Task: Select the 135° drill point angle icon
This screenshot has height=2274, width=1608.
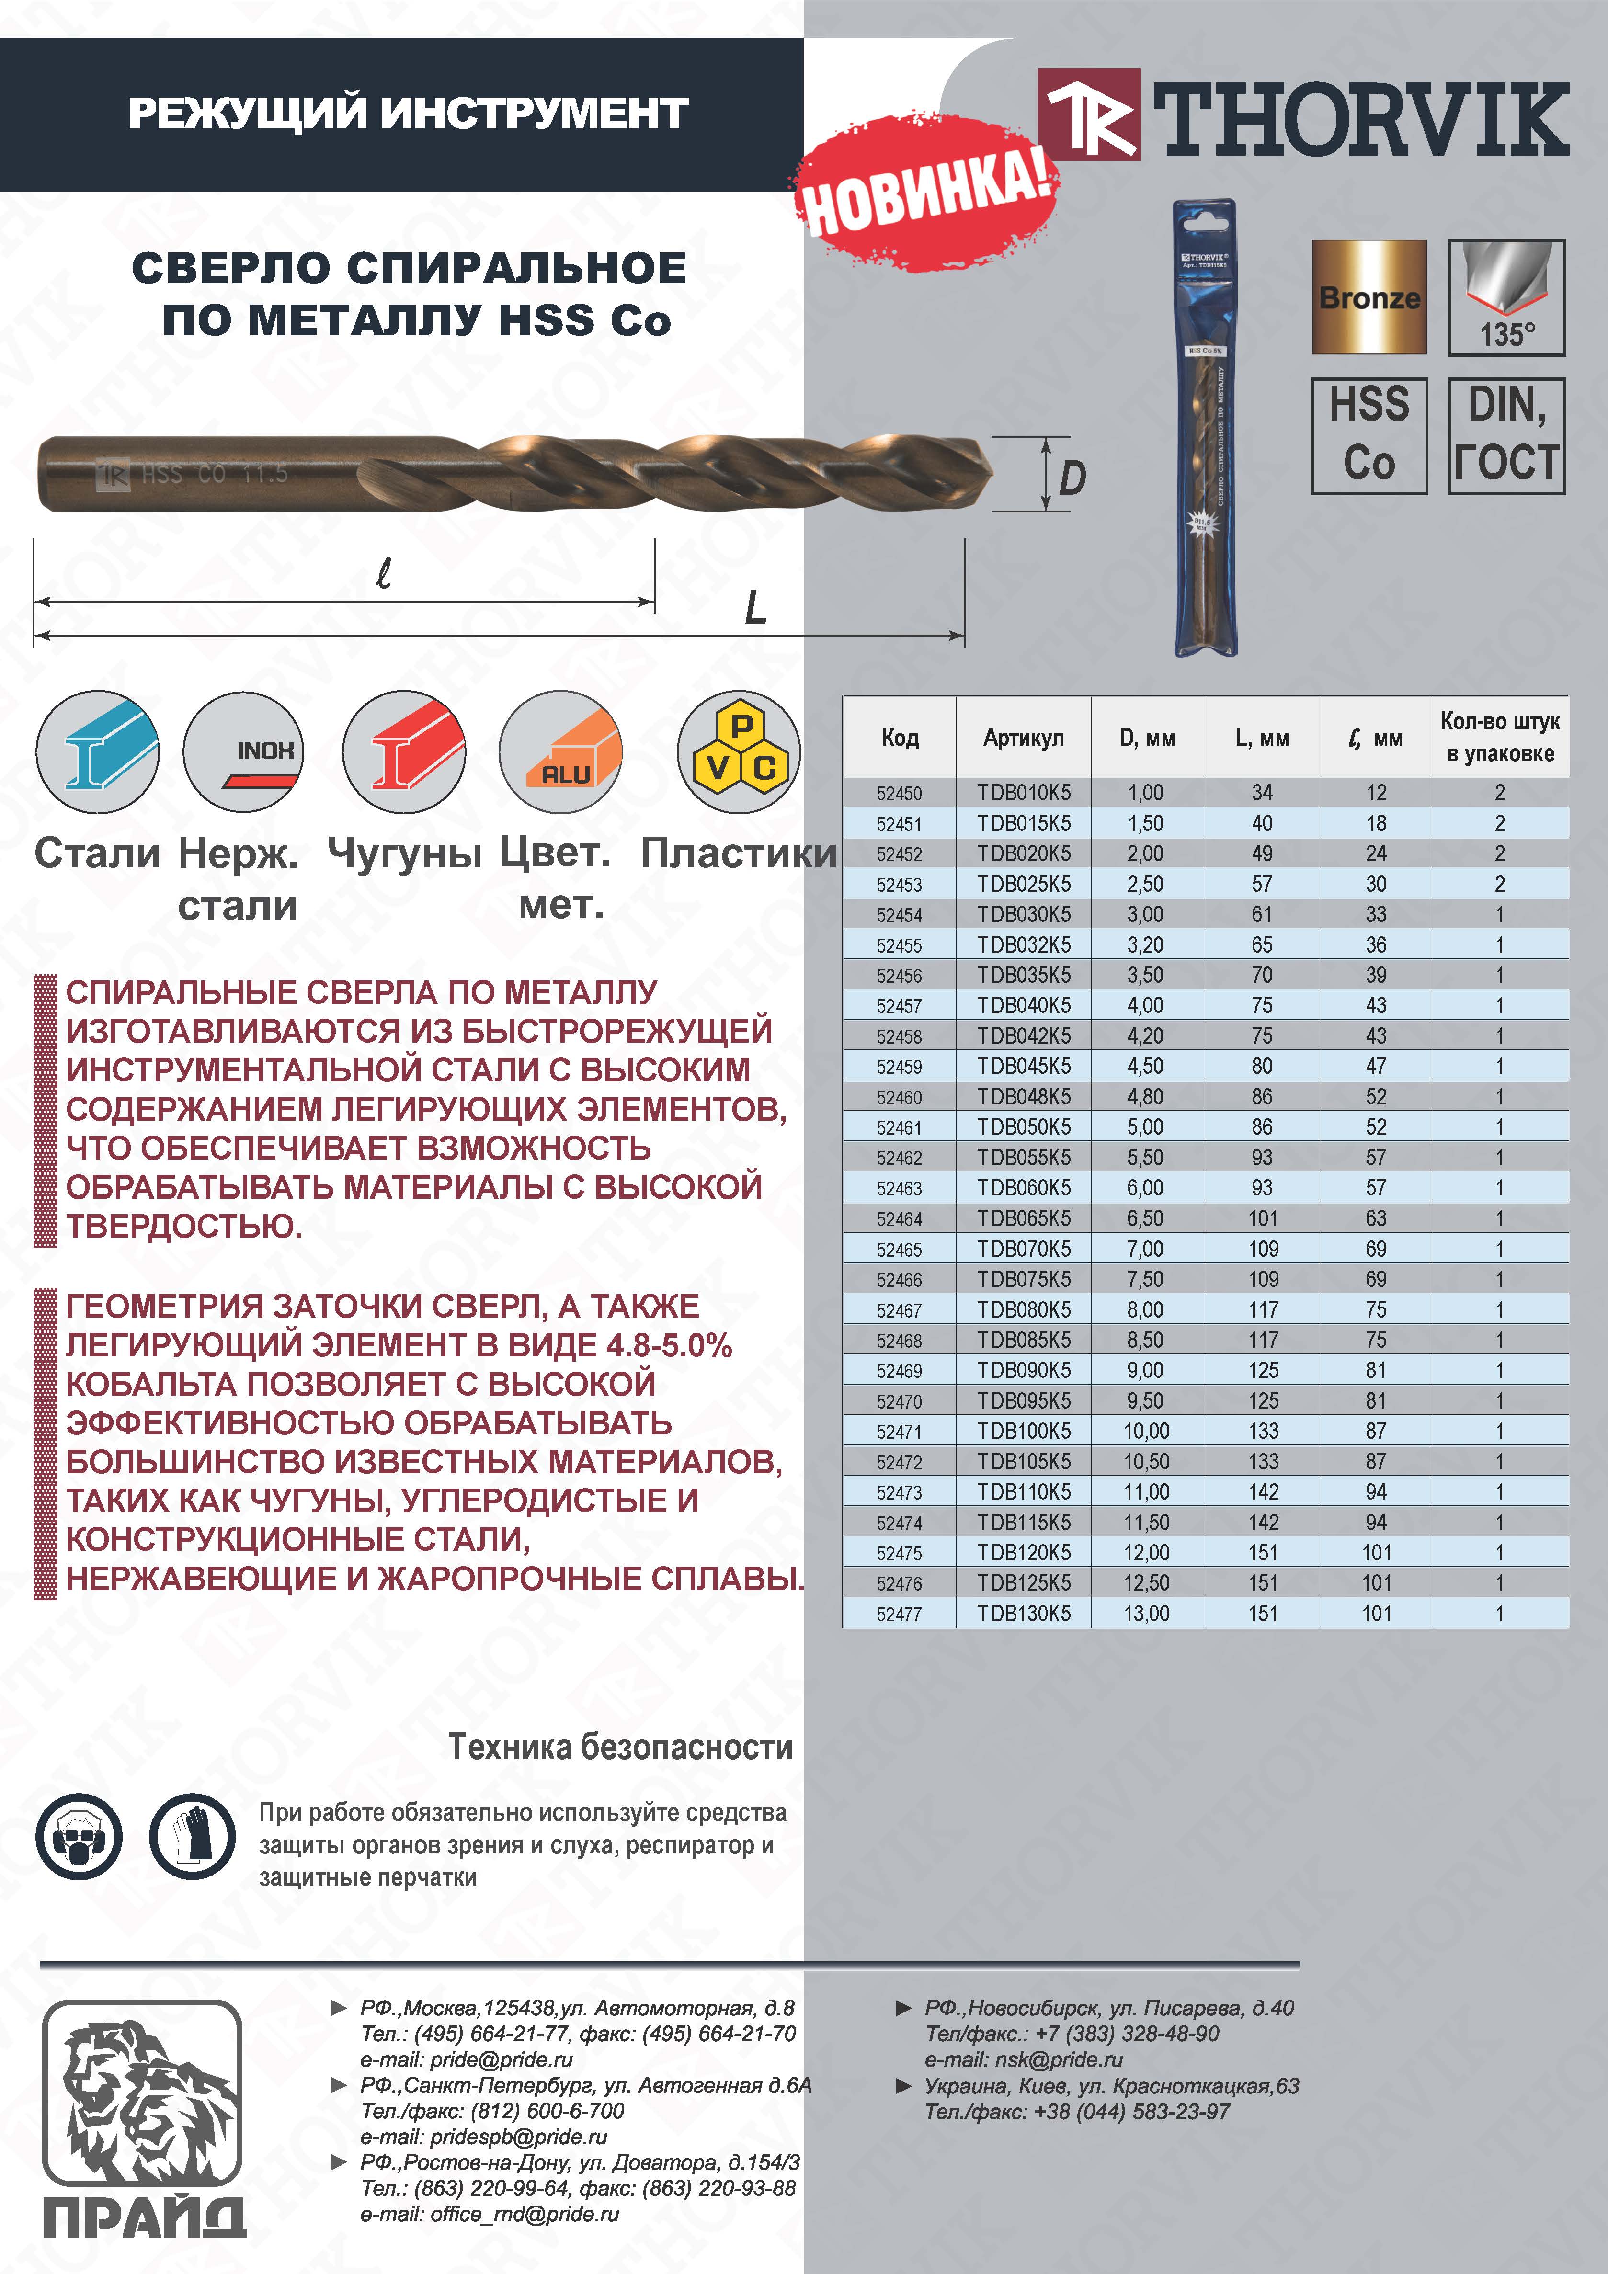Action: [x=1506, y=297]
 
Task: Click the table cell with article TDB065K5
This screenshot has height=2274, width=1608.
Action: [x=1024, y=1218]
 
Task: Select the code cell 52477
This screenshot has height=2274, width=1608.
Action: [x=899, y=1614]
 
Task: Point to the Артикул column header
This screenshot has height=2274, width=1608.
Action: [x=1024, y=738]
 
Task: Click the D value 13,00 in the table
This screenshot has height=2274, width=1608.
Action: [x=1146, y=1614]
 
